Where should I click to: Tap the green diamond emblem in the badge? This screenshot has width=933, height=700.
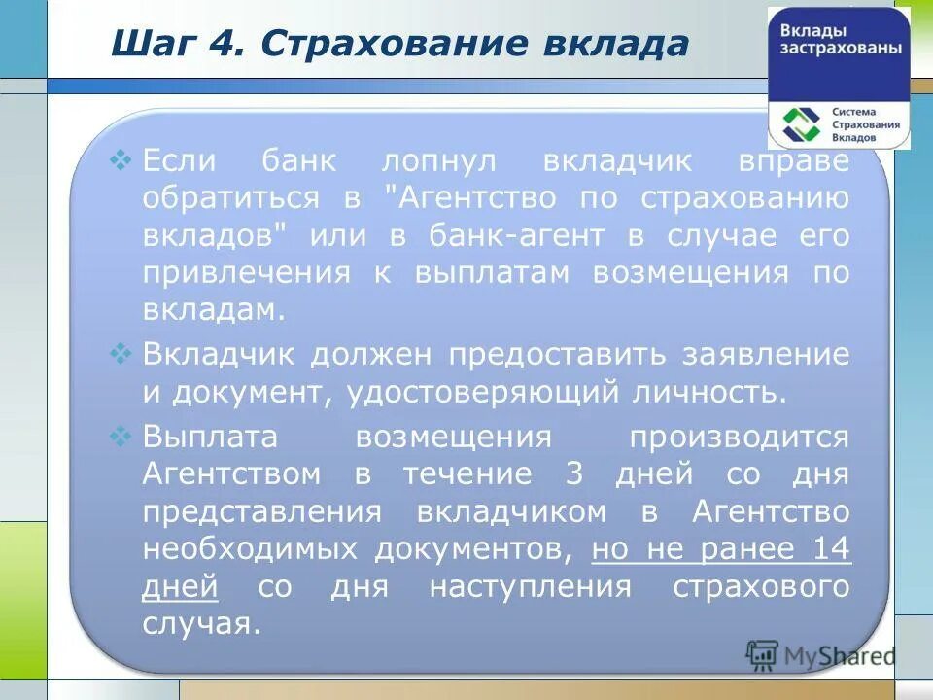pos(803,124)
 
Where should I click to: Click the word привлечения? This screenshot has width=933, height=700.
pos(247,273)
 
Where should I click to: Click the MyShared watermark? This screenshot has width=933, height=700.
pos(821,655)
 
